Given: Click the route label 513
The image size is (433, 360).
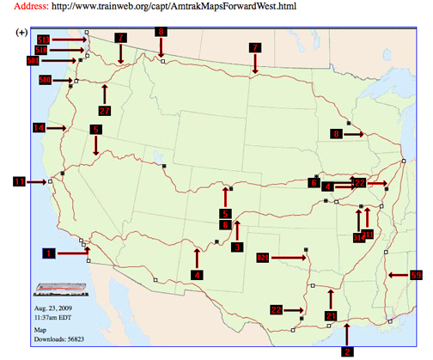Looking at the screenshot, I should (x=44, y=40).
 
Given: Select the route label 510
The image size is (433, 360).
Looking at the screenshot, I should (x=44, y=50).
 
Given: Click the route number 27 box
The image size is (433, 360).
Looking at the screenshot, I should (x=105, y=111).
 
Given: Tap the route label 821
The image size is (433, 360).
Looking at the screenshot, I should (x=263, y=257).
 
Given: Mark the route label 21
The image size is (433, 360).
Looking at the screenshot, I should (x=330, y=316).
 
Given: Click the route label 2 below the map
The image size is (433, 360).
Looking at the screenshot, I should (x=347, y=351).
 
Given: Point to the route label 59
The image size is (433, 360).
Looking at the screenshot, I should (x=416, y=275).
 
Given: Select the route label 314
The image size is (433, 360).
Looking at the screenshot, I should (x=357, y=238).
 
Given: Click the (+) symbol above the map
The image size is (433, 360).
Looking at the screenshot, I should (x=21, y=32).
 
